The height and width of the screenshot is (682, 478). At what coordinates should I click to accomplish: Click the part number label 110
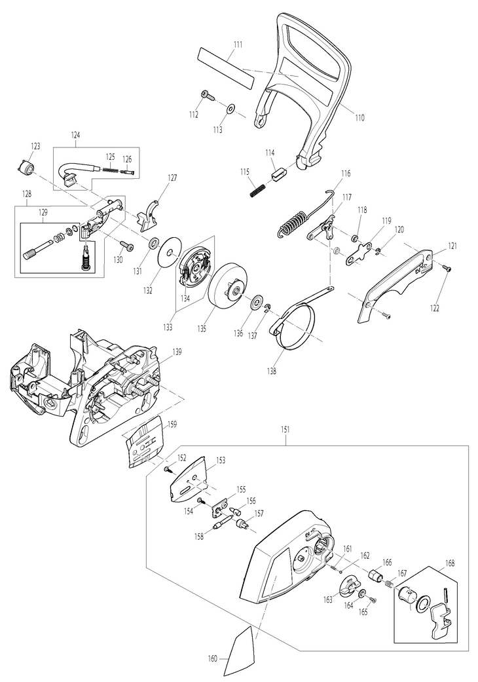point(359,117)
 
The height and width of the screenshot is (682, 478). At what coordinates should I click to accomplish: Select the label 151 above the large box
point(285,429)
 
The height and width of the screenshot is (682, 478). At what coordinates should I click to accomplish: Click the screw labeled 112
point(209,96)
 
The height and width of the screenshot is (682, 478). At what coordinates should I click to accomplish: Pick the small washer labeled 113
point(230,107)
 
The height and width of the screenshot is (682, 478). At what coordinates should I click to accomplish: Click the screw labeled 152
point(168,470)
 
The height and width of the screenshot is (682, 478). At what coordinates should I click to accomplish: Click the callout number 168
point(450,563)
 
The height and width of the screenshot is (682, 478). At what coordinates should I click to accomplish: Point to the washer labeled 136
point(257,302)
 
